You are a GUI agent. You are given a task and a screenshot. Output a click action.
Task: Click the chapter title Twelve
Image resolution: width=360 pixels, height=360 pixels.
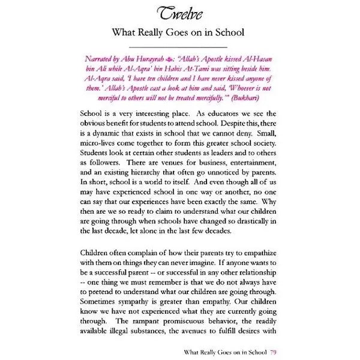[x=179, y=14]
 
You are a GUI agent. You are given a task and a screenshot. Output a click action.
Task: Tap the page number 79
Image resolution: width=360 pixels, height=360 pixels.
[x=274, y=352]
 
